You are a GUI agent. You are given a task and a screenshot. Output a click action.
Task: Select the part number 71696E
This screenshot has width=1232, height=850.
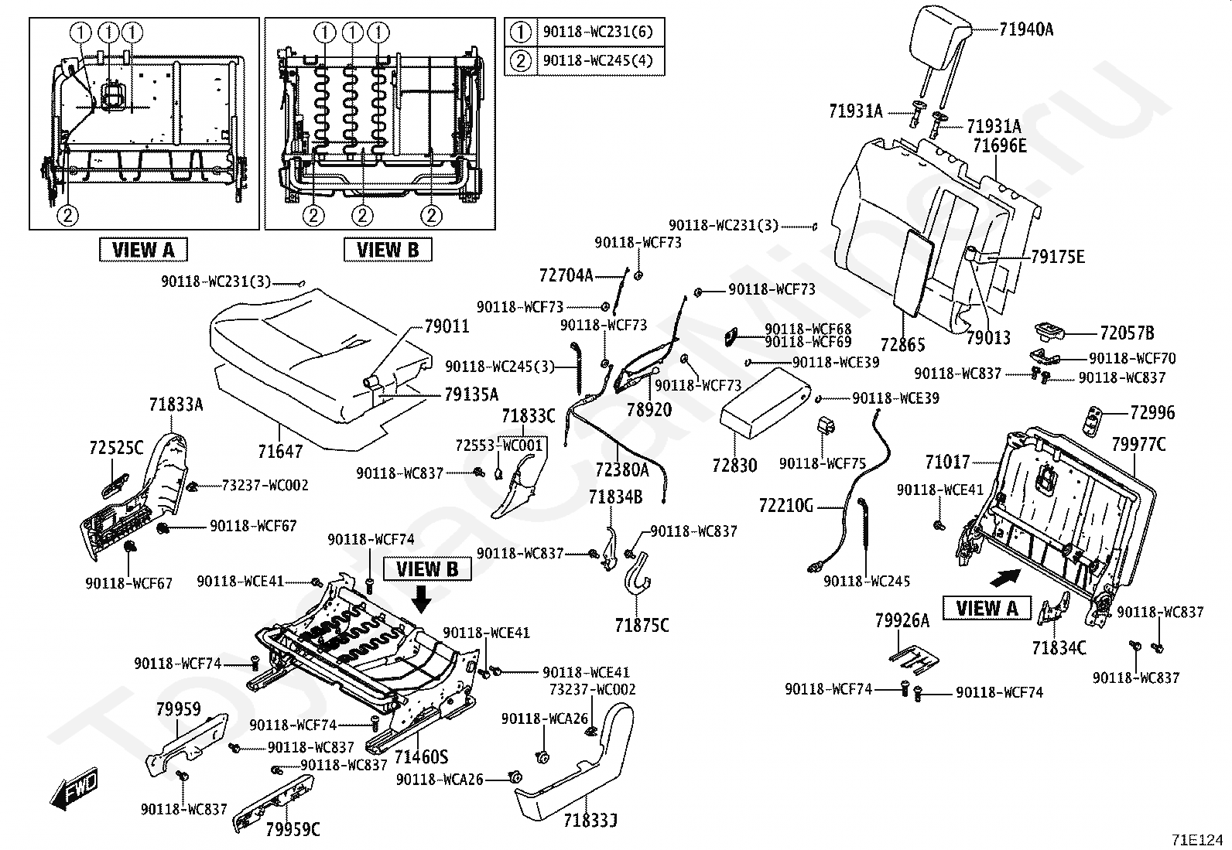pos(1000,145)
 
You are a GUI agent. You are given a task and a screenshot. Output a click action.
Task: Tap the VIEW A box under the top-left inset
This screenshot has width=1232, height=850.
pos(143,249)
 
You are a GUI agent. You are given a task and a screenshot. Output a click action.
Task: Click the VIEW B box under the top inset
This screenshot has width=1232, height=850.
pos(387,249)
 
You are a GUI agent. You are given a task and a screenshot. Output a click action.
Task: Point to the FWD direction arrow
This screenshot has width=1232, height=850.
pos(74,789)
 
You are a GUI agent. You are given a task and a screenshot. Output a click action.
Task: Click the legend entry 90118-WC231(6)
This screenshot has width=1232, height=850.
pos(597,32)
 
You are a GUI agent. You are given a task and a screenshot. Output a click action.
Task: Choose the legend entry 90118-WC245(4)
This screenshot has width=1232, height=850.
pos(597,60)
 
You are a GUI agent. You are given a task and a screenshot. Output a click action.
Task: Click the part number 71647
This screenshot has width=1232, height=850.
pos(280,450)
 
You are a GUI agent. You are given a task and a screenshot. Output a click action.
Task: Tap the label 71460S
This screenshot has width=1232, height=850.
pos(421,755)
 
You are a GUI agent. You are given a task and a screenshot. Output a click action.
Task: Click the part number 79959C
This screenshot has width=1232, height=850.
pos(293,830)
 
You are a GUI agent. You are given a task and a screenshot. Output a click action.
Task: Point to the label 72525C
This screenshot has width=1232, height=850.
pos(116,447)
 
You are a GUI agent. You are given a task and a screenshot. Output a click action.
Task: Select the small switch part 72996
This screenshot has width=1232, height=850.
pos(1094,416)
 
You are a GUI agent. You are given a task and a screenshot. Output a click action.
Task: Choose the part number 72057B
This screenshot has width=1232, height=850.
pos(1127,333)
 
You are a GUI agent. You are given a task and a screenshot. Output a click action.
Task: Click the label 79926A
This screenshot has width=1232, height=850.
pos(902,620)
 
